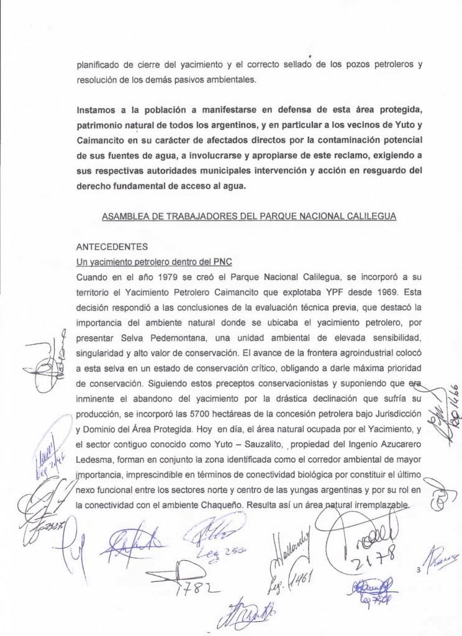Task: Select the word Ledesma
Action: click(x=93, y=460)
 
